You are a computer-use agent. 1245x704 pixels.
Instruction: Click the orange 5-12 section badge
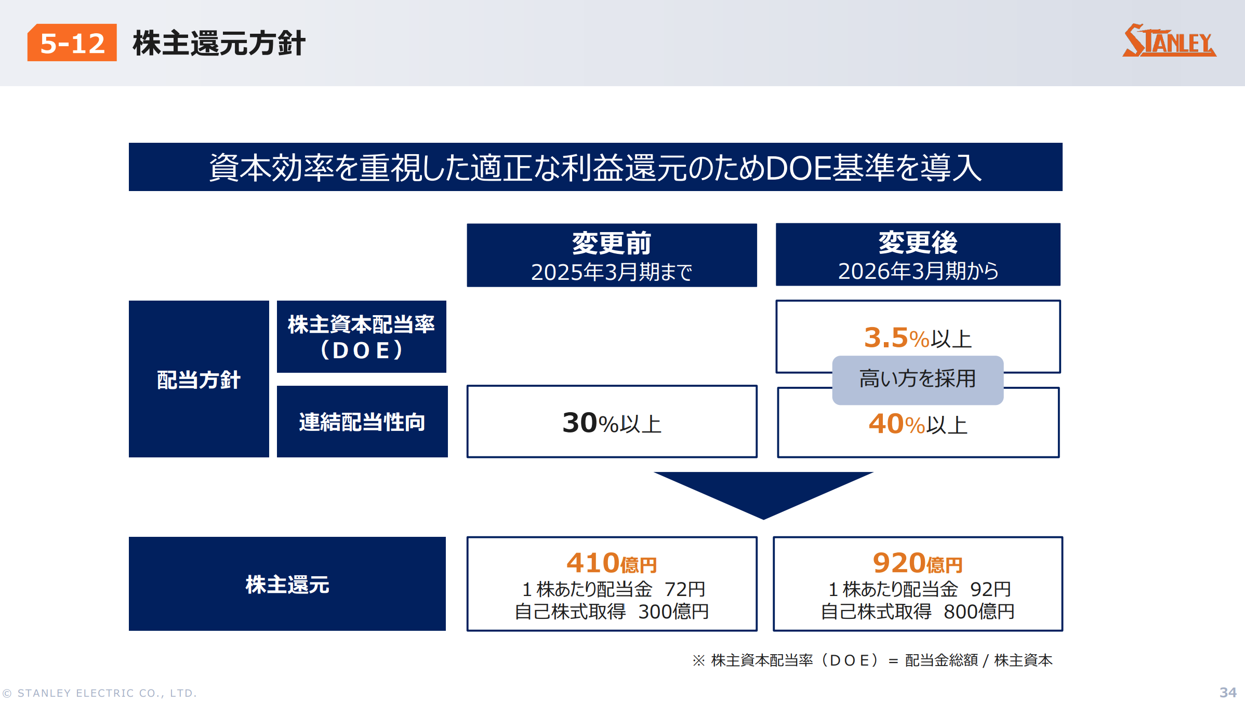pos(72,43)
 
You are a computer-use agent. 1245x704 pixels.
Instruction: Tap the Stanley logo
pos(1169,40)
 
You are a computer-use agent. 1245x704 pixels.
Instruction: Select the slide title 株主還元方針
pos(219,43)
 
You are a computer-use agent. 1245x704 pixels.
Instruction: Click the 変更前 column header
pos(612,255)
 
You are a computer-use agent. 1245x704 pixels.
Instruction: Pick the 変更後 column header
pos(918,254)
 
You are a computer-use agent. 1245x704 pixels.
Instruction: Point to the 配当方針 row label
pos(199,379)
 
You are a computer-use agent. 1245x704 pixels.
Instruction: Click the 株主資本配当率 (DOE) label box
pos(362,336)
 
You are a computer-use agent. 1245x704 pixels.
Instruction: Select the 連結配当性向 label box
pos(362,422)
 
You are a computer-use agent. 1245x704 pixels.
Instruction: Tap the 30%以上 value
pos(612,423)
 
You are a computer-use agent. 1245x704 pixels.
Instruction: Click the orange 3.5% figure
pos(896,337)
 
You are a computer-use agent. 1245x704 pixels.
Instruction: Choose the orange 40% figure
pos(897,424)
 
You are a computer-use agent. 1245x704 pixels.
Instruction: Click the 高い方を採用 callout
pos(918,380)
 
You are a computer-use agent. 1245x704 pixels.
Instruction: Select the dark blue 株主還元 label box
pos(287,584)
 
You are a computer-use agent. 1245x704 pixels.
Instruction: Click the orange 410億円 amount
pos(612,563)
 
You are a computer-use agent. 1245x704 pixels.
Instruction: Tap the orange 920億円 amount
pos(918,563)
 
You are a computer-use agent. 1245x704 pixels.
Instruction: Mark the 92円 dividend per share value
pos(990,589)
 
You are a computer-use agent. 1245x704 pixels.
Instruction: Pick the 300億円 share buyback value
pos(673,612)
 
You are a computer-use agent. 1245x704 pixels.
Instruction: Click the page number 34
pos(1228,693)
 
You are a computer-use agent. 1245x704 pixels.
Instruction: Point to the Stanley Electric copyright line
pos(100,693)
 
